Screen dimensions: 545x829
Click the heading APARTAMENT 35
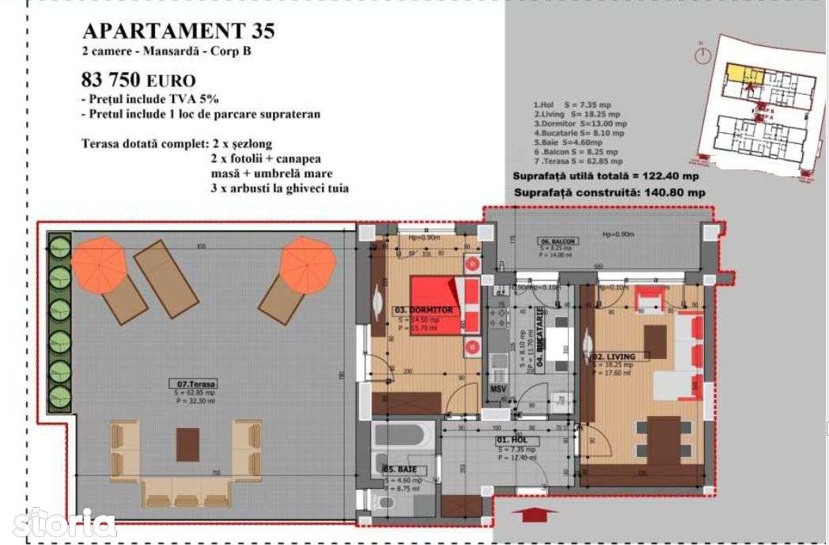[179, 31]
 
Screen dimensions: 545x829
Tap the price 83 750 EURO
[138, 80]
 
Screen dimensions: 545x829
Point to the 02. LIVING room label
[613, 357]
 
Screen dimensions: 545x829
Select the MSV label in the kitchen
[498, 389]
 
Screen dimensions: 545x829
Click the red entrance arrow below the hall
[529, 515]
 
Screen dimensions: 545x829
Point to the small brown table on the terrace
[188, 444]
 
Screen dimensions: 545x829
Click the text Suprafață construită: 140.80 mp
[609, 192]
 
